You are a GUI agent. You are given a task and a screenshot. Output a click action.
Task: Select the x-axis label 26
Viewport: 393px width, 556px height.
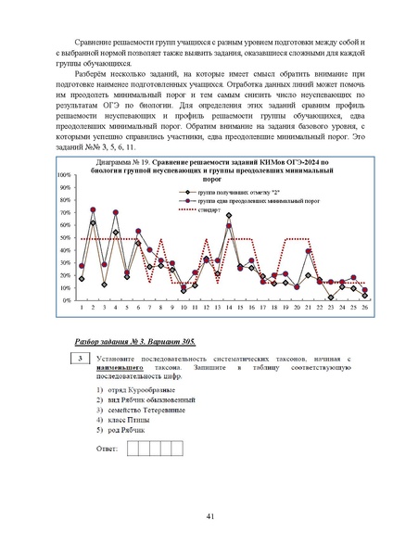(x=365, y=309)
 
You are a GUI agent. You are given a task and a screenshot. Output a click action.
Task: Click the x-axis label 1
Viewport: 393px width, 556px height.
(x=82, y=309)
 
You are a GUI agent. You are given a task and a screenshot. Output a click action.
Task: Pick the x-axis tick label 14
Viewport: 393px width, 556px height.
(x=229, y=309)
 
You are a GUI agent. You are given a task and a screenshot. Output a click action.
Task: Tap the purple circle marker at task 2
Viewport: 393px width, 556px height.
(x=93, y=209)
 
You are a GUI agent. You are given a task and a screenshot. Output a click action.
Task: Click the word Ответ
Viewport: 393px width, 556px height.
(x=108, y=449)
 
